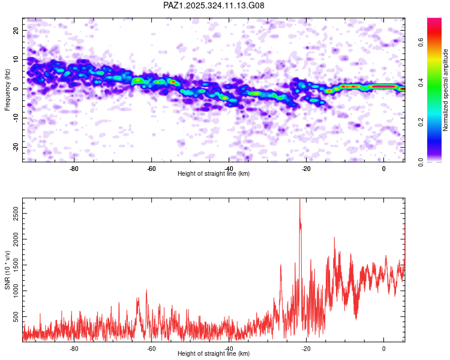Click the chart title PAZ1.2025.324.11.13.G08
(x=214, y=6)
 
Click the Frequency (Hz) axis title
(x=8, y=89)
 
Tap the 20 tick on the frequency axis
(x=17, y=30)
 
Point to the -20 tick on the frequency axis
(x=16, y=147)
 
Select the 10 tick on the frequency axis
(x=17, y=59)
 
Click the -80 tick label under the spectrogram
(x=74, y=168)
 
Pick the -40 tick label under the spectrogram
(x=229, y=168)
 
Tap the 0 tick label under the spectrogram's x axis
(x=383, y=168)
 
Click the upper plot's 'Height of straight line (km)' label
(x=214, y=174)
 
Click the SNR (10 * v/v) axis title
(x=8, y=269)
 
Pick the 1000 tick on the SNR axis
(x=13, y=289)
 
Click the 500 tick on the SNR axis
(x=15, y=315)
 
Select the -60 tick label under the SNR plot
(x=151, y=348)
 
